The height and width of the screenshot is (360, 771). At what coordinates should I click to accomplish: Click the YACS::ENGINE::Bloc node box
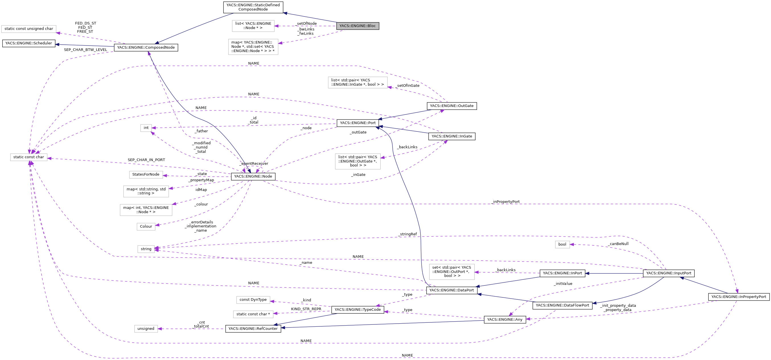point(357,26)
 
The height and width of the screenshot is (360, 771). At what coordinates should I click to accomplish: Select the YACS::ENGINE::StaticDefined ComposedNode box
point(253,7)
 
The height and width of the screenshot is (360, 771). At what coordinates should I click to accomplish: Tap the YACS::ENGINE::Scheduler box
point(29,43)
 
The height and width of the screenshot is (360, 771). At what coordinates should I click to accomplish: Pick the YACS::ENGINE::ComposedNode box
point(146,48)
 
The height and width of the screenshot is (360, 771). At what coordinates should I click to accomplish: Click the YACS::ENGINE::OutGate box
point(451,106)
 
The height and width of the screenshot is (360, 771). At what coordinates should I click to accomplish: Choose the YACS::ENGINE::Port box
point(358,123)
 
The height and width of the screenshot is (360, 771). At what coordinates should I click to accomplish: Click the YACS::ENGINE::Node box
point(253,176)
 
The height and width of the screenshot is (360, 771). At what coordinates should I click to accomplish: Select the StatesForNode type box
point(146,174)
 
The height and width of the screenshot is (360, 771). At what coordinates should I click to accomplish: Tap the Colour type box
point(146,227)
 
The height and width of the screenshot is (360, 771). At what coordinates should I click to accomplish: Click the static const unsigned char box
point(29,29)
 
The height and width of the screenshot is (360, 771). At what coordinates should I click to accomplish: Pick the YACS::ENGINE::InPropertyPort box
point(738,297)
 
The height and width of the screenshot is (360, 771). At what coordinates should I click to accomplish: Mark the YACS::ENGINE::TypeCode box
point(357,310)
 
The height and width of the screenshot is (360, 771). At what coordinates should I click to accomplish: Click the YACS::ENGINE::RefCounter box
point(253,329)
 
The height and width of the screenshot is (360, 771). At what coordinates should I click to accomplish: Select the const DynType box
point(253,300)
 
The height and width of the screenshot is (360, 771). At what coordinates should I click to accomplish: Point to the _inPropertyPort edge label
point(505,202)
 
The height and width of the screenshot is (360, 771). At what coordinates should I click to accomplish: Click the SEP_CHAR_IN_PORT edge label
point(146,160)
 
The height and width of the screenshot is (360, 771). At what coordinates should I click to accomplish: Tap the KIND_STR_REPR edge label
point(306,309)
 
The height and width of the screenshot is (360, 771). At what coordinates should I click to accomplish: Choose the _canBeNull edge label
point(618,244)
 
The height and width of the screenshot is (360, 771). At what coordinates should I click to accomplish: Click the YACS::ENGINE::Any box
point(505,320)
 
